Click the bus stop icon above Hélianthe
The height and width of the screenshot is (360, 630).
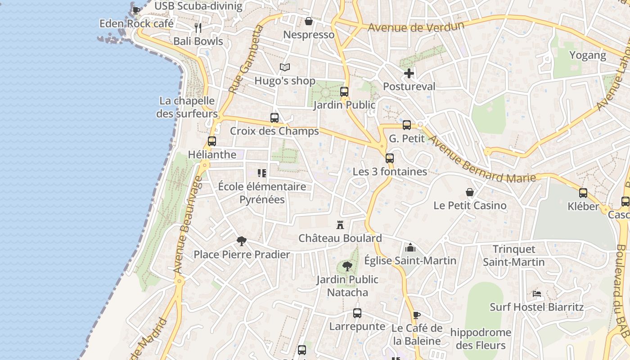212,141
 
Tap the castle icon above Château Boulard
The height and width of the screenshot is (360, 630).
340,225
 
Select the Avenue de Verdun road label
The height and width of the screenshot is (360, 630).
416,27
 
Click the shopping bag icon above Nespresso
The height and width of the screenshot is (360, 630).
309,21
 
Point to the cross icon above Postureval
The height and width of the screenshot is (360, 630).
409,73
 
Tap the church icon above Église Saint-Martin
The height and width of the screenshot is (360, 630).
410,247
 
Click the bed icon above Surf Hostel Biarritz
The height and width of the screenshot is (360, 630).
536,294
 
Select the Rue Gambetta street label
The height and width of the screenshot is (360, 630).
245,59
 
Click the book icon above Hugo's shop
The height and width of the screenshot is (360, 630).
284,67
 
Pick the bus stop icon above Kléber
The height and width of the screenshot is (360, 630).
583,193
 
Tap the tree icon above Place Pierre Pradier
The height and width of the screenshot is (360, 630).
242,241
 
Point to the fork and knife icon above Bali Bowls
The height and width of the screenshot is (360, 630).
198,28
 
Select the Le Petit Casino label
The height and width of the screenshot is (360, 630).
470,206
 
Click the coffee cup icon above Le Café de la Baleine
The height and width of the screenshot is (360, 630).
417,315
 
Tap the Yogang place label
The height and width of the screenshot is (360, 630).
588,55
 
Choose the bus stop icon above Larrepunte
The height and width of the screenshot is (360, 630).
357,313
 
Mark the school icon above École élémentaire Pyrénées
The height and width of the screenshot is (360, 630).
262,173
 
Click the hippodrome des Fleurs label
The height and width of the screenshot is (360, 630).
481,339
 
